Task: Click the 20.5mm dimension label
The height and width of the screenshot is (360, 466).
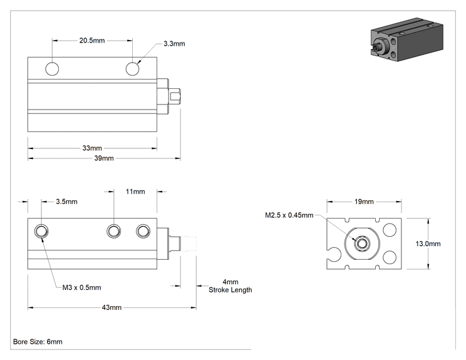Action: [x=92, y=41]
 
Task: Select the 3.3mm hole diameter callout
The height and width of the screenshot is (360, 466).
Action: [x=174, y=44]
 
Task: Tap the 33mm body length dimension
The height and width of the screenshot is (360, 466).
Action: [x=92, y=148]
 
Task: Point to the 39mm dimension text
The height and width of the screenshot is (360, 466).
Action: [x=104, y=158]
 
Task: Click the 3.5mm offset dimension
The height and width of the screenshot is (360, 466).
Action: [x=66, y=202]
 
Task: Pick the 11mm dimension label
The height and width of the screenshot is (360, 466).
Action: [x=135, y=192]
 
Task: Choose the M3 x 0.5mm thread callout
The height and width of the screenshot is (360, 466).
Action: [x=81, y=287]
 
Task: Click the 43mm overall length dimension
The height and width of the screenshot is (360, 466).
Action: [x=111, y=307]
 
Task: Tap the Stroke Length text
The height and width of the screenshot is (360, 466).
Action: [x=230, y=290]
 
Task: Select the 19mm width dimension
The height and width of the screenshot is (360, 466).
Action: [x=364, y=202]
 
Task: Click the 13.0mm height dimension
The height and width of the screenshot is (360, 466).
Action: [x=428, y=244]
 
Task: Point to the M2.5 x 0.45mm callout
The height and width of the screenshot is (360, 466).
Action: [x=289, y=215]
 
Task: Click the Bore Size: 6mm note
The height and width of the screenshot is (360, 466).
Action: [x=38, y=342]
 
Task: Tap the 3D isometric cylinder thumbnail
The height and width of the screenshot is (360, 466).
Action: [x=407, y=39]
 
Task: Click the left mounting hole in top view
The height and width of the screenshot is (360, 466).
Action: [x=52, y=69]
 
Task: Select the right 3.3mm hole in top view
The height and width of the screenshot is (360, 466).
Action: [x=132, y=69]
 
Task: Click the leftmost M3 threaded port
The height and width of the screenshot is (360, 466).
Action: [x=41, y=231]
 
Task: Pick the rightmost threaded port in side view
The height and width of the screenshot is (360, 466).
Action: [x=143, y=231]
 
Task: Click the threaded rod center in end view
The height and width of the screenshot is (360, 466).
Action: [x=361, y=244]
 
